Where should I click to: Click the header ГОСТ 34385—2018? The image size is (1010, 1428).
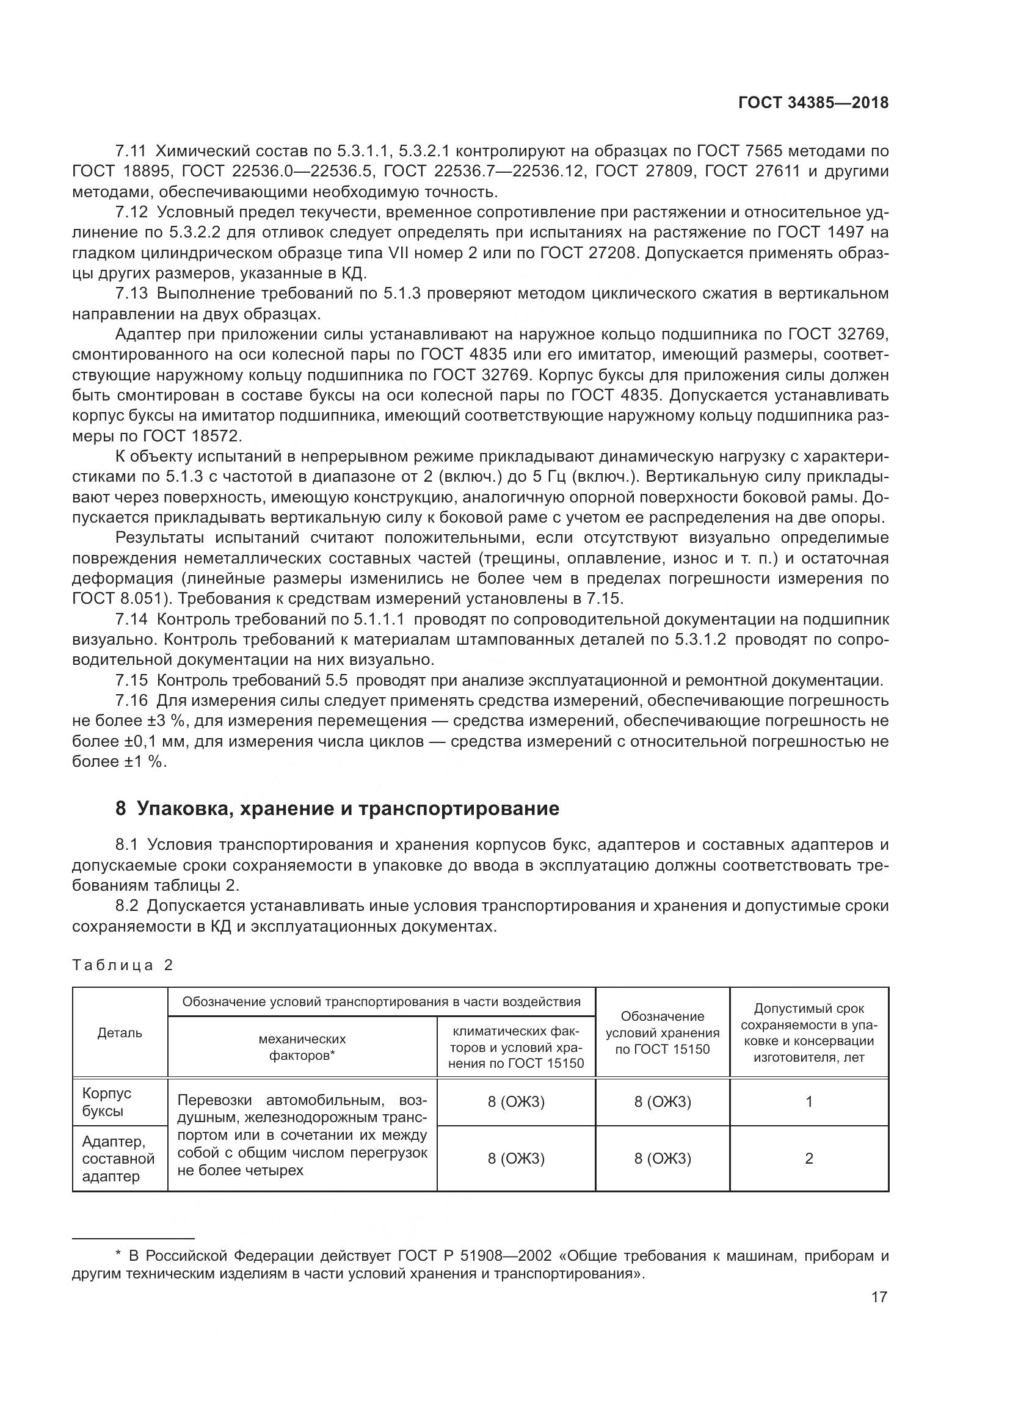[x=813, y=103]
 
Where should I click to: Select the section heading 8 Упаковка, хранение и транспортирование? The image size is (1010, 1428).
[x=337, y=808]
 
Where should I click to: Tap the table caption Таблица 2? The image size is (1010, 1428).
[x=123, y=965]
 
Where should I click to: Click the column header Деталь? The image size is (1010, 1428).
[x=120, y=1032]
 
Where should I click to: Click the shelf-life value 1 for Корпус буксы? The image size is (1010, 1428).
[x=808, y=1102]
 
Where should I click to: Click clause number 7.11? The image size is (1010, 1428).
[x=131, y=151]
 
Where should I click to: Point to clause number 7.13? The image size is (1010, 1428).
[x=131, y=294]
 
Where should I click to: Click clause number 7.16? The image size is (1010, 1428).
[x=131, y=701]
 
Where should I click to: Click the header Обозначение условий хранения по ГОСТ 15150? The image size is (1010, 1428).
[x=663, y=1032]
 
